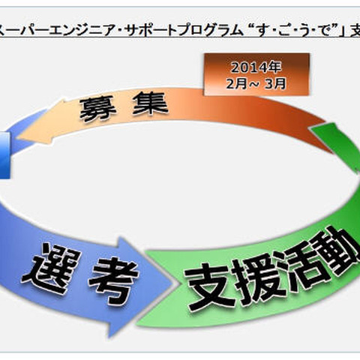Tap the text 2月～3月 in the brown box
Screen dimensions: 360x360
point(256,83)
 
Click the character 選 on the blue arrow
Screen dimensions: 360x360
point(56,269)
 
